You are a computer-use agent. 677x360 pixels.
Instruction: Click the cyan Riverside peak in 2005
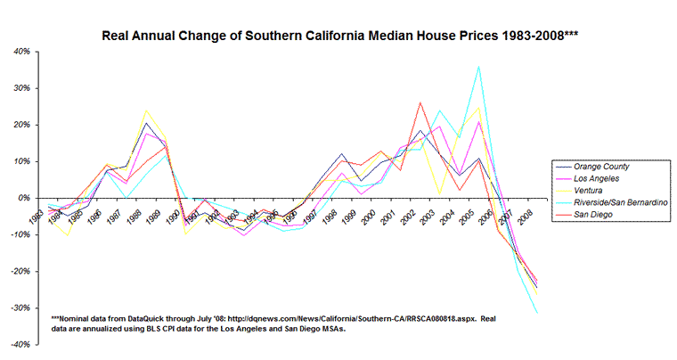479,66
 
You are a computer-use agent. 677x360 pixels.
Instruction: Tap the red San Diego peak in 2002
420,102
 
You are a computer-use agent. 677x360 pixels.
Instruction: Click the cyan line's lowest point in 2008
537,313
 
